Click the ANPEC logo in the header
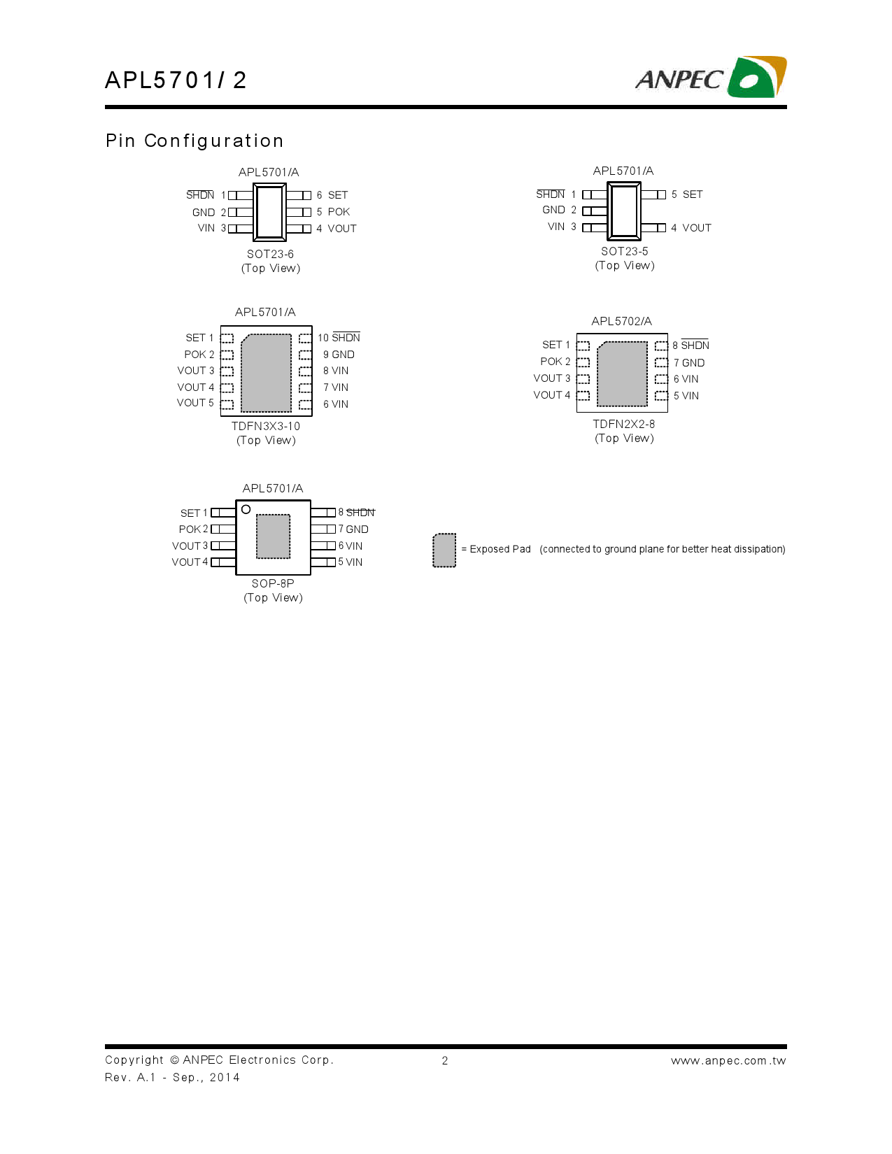click(x=711, y=78)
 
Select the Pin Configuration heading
click(x=194, y=141)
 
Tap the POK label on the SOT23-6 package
click(x=339, y=212)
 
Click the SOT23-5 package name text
click(x=624, y=251)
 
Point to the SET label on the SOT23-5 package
click(x=692, y=194)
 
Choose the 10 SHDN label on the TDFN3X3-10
click(x=339, y=337)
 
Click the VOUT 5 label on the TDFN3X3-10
click(x=195, y=403)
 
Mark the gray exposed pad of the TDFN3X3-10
click(x=266, y=373)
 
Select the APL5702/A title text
click(x=621, y=321)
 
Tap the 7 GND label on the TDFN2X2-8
click(x=689, y=363)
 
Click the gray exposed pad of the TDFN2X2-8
click(x=622, y=374)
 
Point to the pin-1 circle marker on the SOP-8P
click(x=246, y=509)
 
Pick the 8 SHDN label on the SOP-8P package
click(x=357, y=513)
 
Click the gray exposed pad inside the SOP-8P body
click(x=273, y=536)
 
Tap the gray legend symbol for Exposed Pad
click(x=444, y=550)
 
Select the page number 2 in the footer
click(x=445, y=1061)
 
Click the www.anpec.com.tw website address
click(x=728, y=1061)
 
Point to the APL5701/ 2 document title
click(x=176, y=80)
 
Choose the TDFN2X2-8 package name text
click(x=624, y=425)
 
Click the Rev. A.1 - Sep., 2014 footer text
click(x=172, y=1078)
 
